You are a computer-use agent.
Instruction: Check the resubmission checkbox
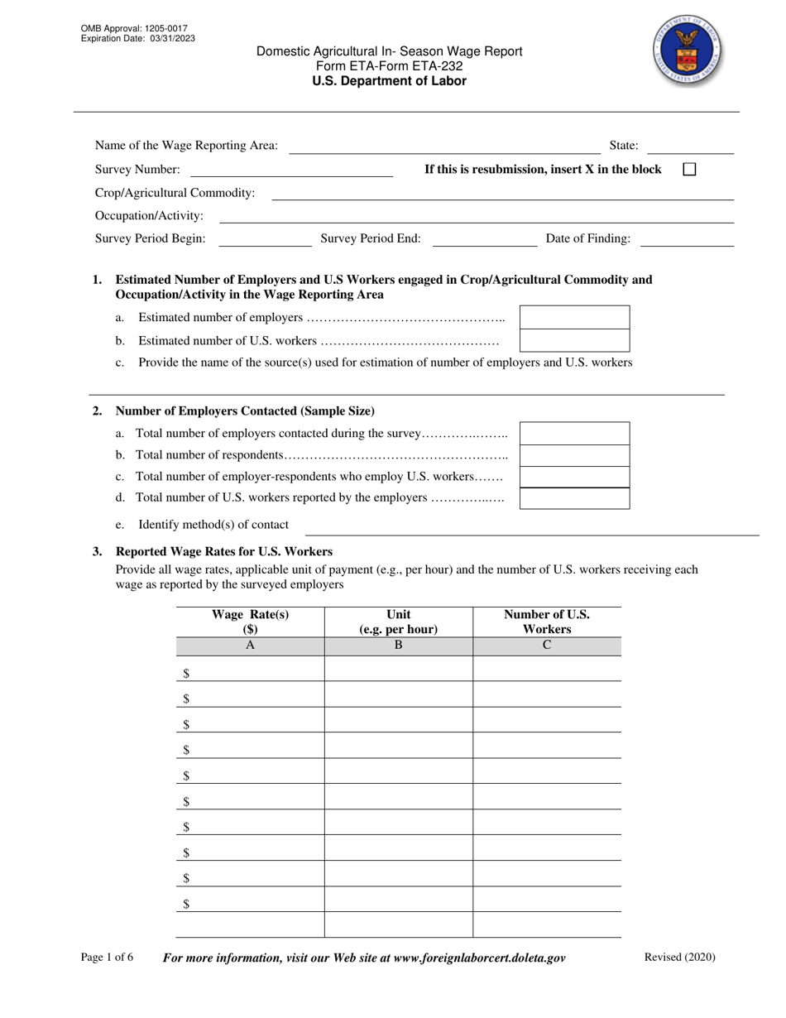tap(689, 169)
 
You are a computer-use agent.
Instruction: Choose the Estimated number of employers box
tap(574, 317)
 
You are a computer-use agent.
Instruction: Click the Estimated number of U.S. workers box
tap(574, 340)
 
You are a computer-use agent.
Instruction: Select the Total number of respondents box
tap(574, 455)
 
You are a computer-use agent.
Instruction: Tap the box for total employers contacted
tap(574, 433)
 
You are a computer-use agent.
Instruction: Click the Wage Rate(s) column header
tap(250, 622)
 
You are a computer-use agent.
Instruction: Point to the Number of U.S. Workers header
tap(546, 622)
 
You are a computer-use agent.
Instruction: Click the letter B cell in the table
tap(398, 646)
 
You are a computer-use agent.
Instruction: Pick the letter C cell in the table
tap(546, 646)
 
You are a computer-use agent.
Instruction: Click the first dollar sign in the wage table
tap(186, 673)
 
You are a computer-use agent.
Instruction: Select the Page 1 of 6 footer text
tap(107, 958)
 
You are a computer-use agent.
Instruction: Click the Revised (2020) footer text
tap(679, 958)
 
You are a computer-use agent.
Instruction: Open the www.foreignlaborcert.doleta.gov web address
tap(480, 958)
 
